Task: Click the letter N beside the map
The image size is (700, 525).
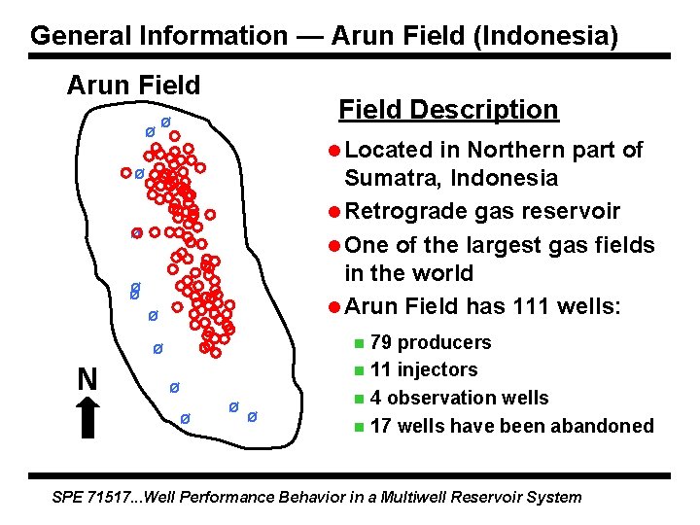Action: tap(87, 378)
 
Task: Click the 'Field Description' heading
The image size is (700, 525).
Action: tap(448, 110)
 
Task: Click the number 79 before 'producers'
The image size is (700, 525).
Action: tap(382, 342)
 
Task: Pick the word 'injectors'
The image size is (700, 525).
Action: tap(438, 369)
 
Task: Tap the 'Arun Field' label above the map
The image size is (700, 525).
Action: tap(133, 86)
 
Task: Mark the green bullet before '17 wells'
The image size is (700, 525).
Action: tap(359, 426)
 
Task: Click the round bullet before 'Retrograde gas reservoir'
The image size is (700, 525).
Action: tap(333, 212)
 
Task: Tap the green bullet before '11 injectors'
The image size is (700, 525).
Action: tap(359, 370)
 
